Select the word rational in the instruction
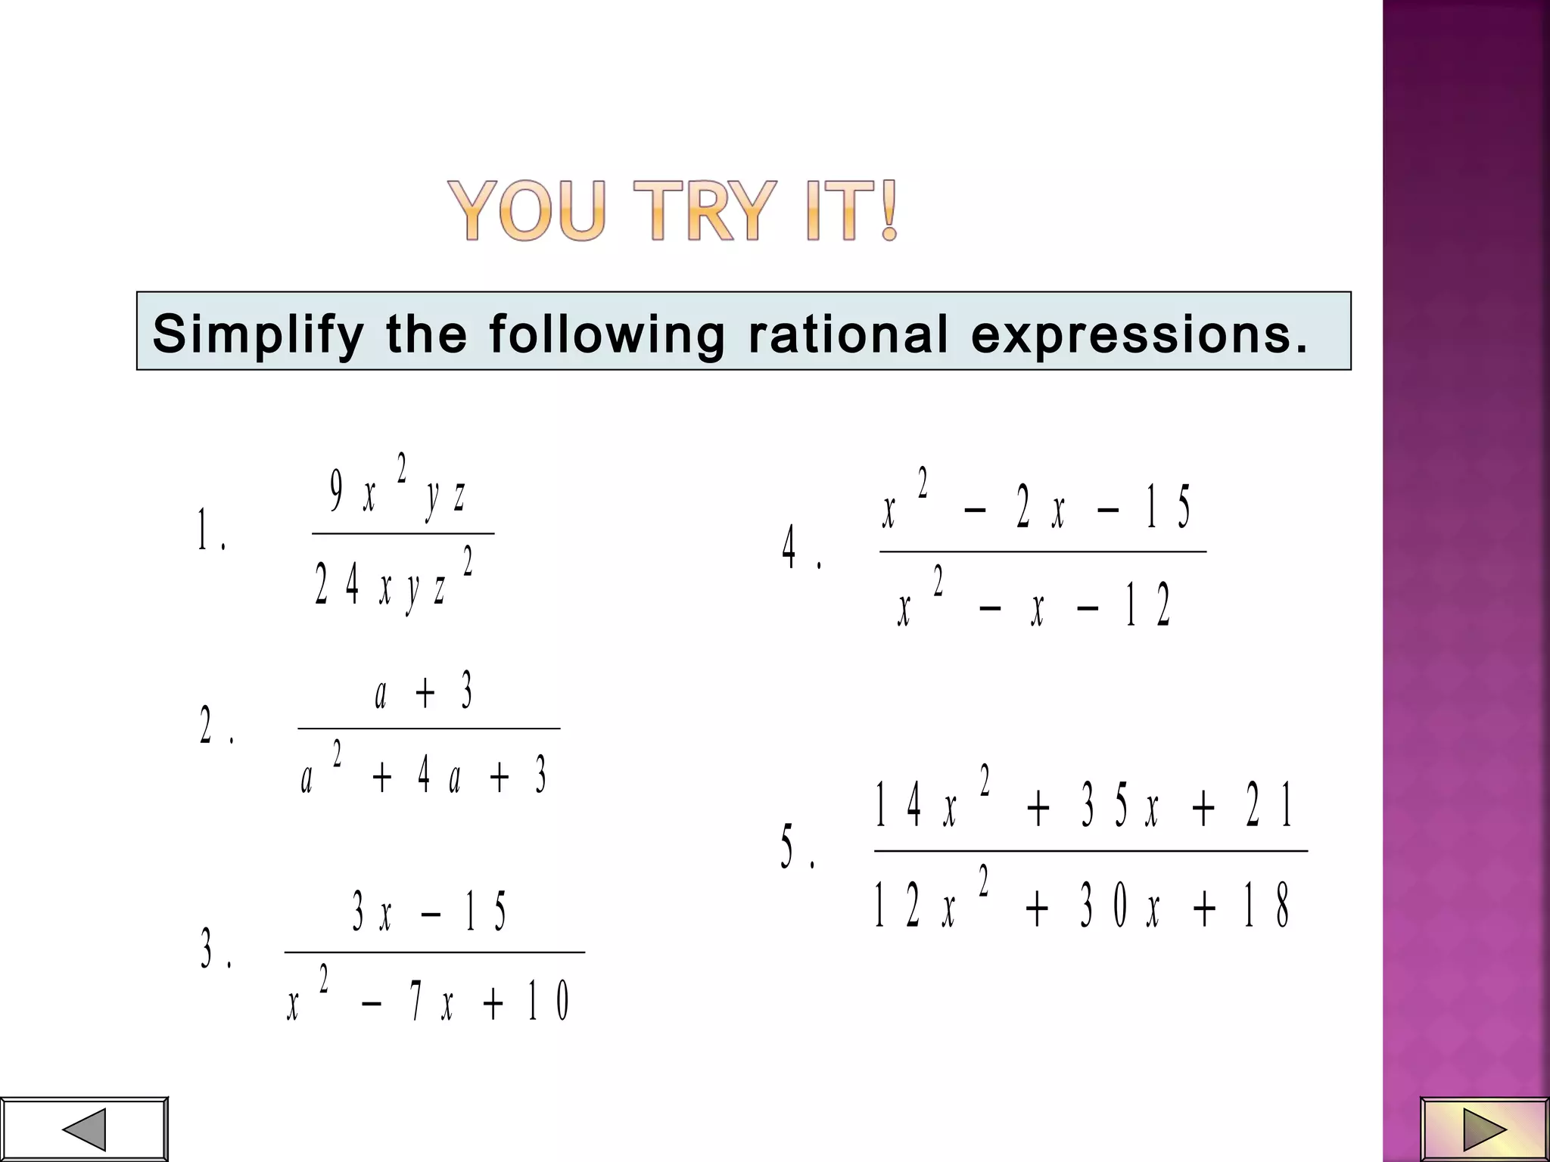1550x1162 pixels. coord(848,334)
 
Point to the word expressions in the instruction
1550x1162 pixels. coord(1140,334)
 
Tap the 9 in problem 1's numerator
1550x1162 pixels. coord(337,492)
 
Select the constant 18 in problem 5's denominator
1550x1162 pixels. coord(1266,906)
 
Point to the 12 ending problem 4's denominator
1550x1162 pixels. coord(1148,605)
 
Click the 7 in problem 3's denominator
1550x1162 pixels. coord(416,1001)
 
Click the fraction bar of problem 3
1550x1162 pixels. coord(434,952)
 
